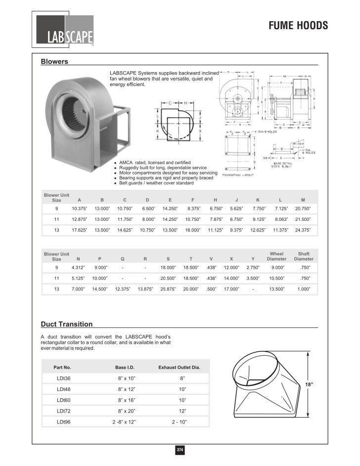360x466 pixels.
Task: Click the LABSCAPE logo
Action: (x=64, y=30)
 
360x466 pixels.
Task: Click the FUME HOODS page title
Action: (x=298, y=26)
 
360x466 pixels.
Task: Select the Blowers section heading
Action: (x=54, y=62)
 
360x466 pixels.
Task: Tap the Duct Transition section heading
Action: (x=66, y=324)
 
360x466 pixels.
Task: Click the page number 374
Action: (x=180, y=450)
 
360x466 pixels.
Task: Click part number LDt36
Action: (x=64, y=378)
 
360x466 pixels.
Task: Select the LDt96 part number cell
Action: (x=64, y=422)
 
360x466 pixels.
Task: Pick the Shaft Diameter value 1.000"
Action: (x=304, y=289)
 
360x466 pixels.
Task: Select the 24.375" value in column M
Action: (x=302, y=230)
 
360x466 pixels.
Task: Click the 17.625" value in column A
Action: (x=80, y=230)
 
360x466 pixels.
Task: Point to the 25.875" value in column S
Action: (x=168, y=289)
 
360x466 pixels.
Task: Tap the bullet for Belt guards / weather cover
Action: (x=115, y=183)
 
